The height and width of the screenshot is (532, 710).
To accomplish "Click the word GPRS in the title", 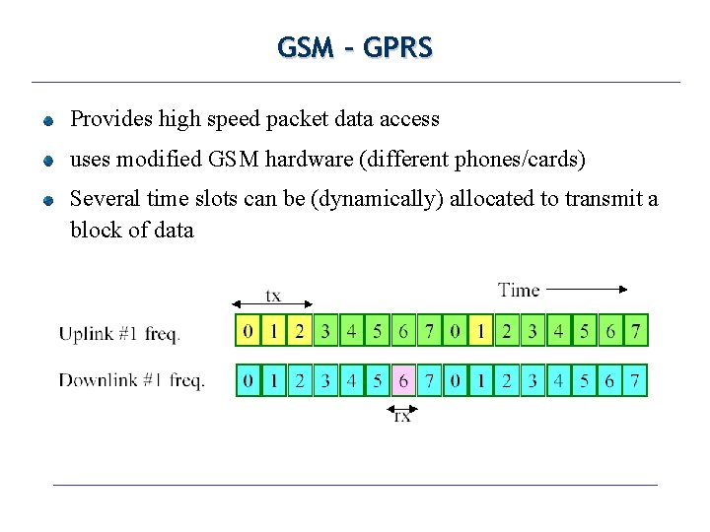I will [x=397, y=47].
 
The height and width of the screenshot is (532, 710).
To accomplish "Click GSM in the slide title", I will [x=306, y=47].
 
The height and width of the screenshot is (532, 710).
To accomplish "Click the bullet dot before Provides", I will [x=47, y=122].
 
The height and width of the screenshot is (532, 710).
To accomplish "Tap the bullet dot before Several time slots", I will [x=47, y=201].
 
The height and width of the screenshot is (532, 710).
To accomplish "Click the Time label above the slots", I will [x=519, y=290].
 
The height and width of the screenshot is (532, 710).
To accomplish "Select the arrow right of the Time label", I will [x=586, y=290].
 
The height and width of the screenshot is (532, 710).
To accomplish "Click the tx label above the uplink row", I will [x=273, y=296].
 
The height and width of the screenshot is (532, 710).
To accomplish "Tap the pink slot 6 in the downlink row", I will [x=403, y=380].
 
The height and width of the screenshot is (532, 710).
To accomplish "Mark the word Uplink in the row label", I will [x=87, y=334].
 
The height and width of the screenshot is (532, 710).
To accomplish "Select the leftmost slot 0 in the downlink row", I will [x=248, y=380].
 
